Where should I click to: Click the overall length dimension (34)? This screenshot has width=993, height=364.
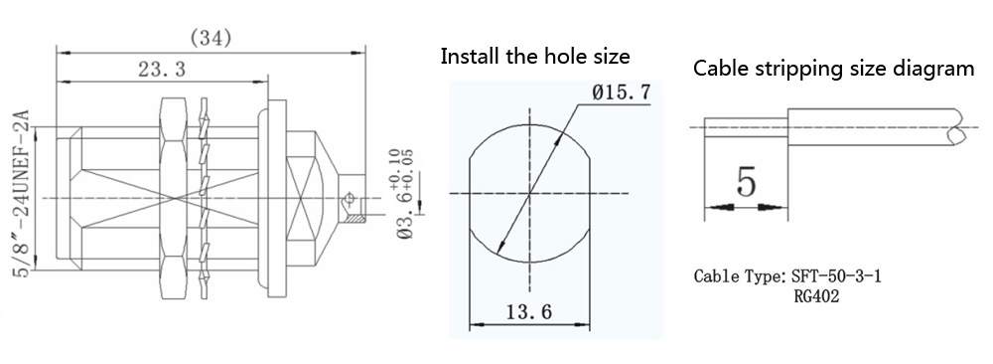tap(211, 39)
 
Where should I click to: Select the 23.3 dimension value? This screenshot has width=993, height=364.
tap(162, 69)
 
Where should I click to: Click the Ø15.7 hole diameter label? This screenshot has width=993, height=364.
tap(622, 93)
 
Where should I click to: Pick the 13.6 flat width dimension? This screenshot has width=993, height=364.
tap(529, 311)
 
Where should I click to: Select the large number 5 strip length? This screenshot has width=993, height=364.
tap(746, 183)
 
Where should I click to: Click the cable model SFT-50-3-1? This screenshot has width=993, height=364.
tap(836, 276)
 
